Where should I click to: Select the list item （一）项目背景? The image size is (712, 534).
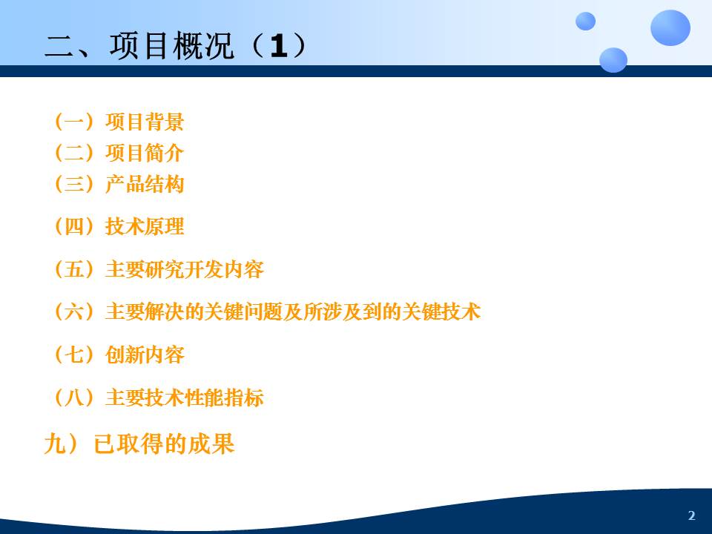coord(117,121)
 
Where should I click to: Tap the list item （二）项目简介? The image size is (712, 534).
coord(117,153)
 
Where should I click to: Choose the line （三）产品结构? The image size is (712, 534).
coord(117,184)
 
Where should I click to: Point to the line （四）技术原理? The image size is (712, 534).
coord(117,227)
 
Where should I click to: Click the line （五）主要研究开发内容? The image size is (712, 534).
coord(157,269)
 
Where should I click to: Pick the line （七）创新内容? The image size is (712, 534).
coord(117,355)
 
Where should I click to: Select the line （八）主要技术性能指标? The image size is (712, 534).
coord(157,398)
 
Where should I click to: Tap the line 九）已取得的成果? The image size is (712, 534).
coord(139,444)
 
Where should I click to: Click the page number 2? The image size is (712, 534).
coord(691,515)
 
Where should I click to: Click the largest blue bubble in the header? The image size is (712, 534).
coord(670,28)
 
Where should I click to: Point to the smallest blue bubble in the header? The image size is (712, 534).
coord(585,21)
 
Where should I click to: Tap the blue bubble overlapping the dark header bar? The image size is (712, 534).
coord(613,60)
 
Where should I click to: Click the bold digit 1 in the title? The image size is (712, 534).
coord(277,47)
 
